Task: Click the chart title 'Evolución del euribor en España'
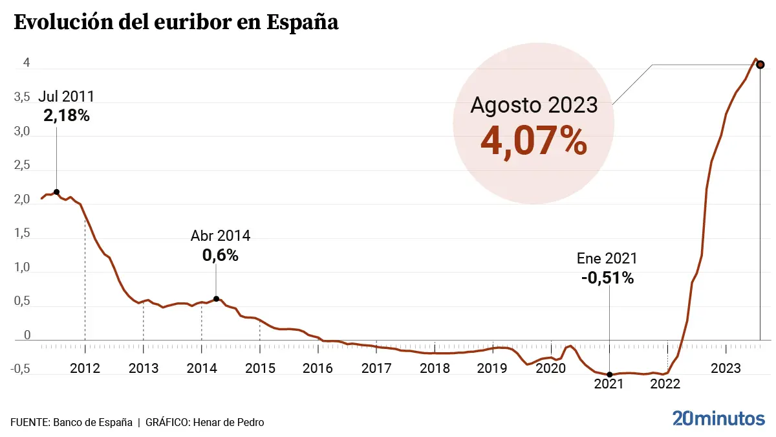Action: (x=176, y=23)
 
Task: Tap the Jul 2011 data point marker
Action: (x=57, y=192)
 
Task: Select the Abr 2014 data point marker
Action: (x=216, y=299)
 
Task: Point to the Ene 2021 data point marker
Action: (x=610, y=375)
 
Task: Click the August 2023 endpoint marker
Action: (x=760, y=65)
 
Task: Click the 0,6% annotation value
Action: (x=221, y=256)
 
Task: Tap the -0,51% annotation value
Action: (x=607, y=278)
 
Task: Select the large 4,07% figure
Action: (x=533, y=142)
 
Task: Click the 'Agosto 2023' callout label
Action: (x=533, y=105)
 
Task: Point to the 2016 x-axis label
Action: (x=318, y=368)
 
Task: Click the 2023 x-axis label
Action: (x=726, y=368)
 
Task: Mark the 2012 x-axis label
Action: (x=85, y=368)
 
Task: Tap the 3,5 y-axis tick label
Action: (x=22, y=97)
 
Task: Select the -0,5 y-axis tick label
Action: (x=19, y=368)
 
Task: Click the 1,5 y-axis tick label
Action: (x=22, y=234)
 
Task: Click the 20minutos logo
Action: (x=718, y=418)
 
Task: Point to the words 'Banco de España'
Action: (x=92, y=422)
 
